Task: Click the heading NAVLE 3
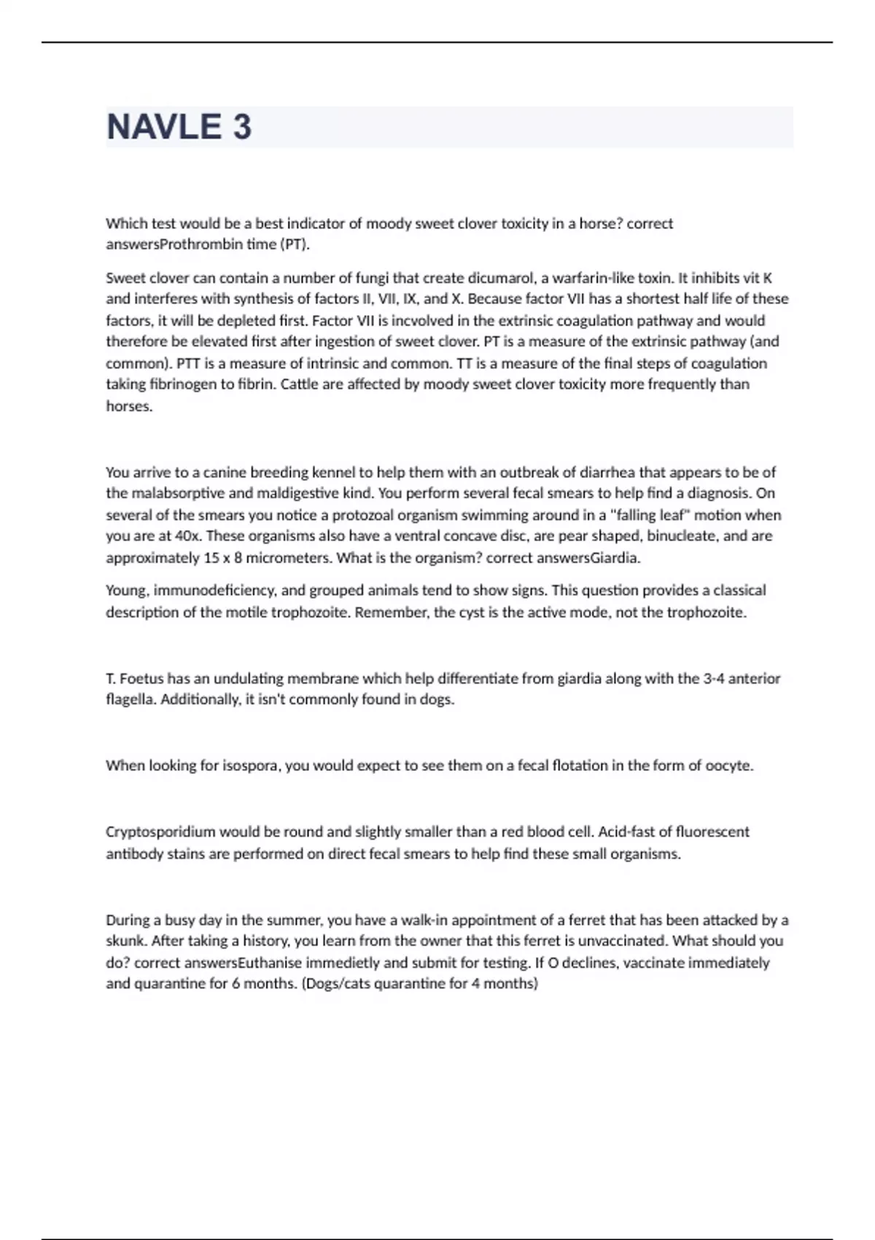(x=179, y=127)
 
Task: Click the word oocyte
(x=728, y=766)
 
